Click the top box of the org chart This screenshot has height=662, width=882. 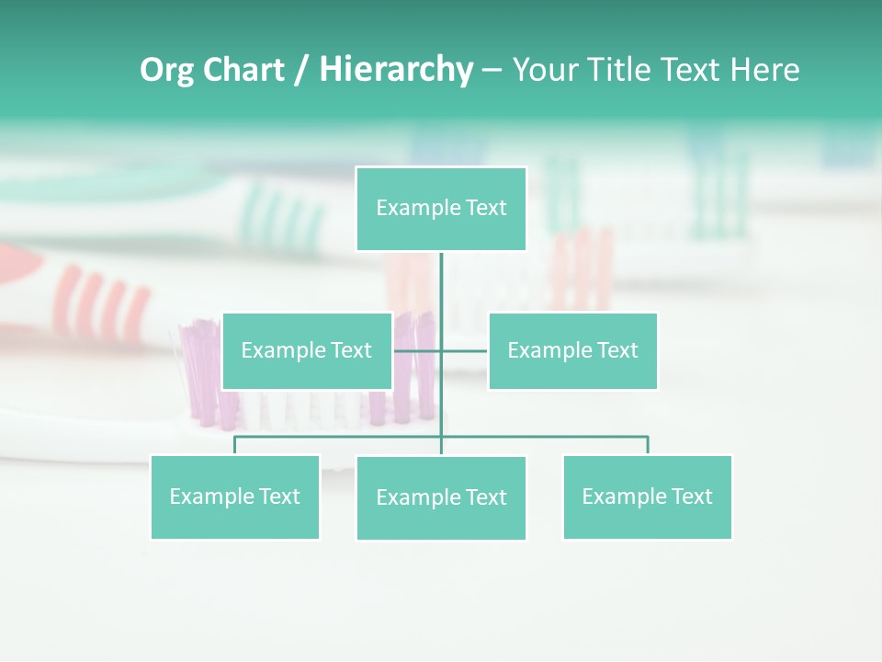[x=441, y=209]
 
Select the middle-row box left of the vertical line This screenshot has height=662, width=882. [x=307, y=350]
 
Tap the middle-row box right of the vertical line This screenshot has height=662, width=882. [x=572, y=350]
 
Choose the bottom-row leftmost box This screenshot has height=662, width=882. [x=235, y=496]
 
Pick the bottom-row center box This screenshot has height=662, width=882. [x=441, y=497]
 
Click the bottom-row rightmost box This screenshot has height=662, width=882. [x=647, y=496]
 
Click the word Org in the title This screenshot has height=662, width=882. [x=166, y=71]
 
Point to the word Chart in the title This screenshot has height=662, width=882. [x=243, y=70]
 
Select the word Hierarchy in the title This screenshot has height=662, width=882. [x=396, y=70]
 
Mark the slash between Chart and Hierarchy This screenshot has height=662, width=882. [x=302, y=71]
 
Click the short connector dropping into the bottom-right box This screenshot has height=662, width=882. [x=648, y=446]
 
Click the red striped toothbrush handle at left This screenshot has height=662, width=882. [x=101, y=299]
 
